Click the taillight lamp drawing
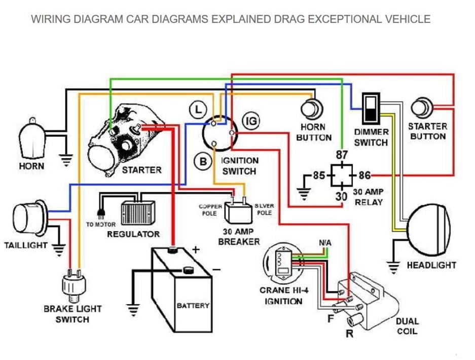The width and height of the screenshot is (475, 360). [x=30, y=219]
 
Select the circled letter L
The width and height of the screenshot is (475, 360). [x=197, y=109]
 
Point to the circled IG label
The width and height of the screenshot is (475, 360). [x=251, y=121]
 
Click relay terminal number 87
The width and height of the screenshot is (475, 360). [x=342, y=155]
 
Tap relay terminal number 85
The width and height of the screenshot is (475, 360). [x=318, y=176]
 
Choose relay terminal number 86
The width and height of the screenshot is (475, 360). [x=365, y=176]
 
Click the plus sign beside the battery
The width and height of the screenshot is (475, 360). [x=196, y=249]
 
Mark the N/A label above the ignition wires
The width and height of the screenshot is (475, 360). [x=325, y=243]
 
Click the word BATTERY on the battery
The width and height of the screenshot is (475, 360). [x=193, y=306]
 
